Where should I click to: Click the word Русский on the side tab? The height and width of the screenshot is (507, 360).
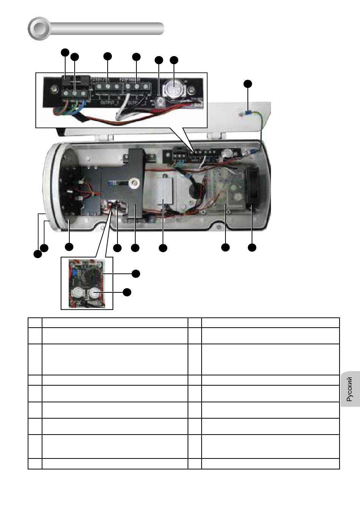(350, 389)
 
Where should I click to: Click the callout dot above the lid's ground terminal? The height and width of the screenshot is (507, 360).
(247, 84)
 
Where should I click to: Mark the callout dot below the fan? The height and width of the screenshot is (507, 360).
(252, 248)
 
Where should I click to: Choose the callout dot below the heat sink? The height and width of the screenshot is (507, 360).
(163, 248)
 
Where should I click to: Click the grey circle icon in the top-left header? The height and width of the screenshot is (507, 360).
(39, 28)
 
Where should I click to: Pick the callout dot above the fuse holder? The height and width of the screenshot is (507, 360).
(65, 52)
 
